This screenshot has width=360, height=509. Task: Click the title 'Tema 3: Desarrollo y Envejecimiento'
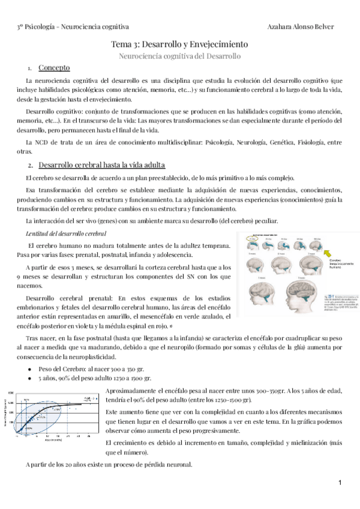click(180, 44)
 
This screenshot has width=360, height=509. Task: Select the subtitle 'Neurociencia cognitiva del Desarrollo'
click(180, 56)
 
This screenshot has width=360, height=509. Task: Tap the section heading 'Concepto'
click(54, 68)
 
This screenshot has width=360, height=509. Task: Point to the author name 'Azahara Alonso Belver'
click(304, 27)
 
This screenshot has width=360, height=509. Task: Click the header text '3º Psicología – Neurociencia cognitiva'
click(73, 27)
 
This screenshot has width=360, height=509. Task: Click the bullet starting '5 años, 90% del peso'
click(94, 378)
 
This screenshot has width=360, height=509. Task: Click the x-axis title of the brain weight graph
click(51, 439)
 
